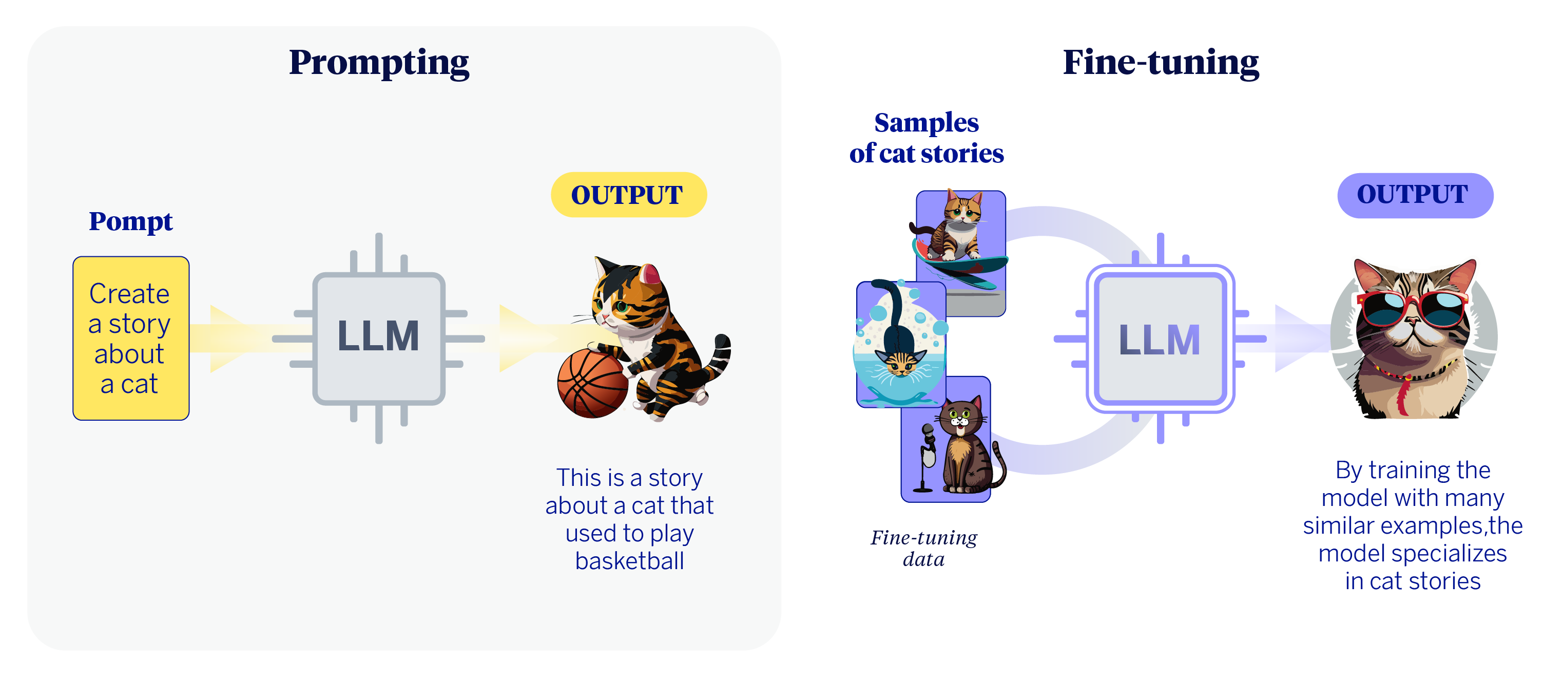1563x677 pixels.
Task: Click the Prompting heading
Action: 379,63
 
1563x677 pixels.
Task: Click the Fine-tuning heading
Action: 1160,63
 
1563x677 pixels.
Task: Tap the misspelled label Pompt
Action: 130,221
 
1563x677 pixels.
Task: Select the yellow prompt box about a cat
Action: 130,337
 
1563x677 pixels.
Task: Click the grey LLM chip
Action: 379,337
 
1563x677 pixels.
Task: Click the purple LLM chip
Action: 1160,339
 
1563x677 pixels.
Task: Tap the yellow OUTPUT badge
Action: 628,195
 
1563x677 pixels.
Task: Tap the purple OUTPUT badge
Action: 1414,195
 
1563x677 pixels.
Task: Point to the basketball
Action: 592,384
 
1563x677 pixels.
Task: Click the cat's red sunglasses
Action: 1414,310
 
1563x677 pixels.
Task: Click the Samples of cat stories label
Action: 926,138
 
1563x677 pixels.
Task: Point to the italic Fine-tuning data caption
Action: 923,548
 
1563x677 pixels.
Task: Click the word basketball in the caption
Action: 629,561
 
